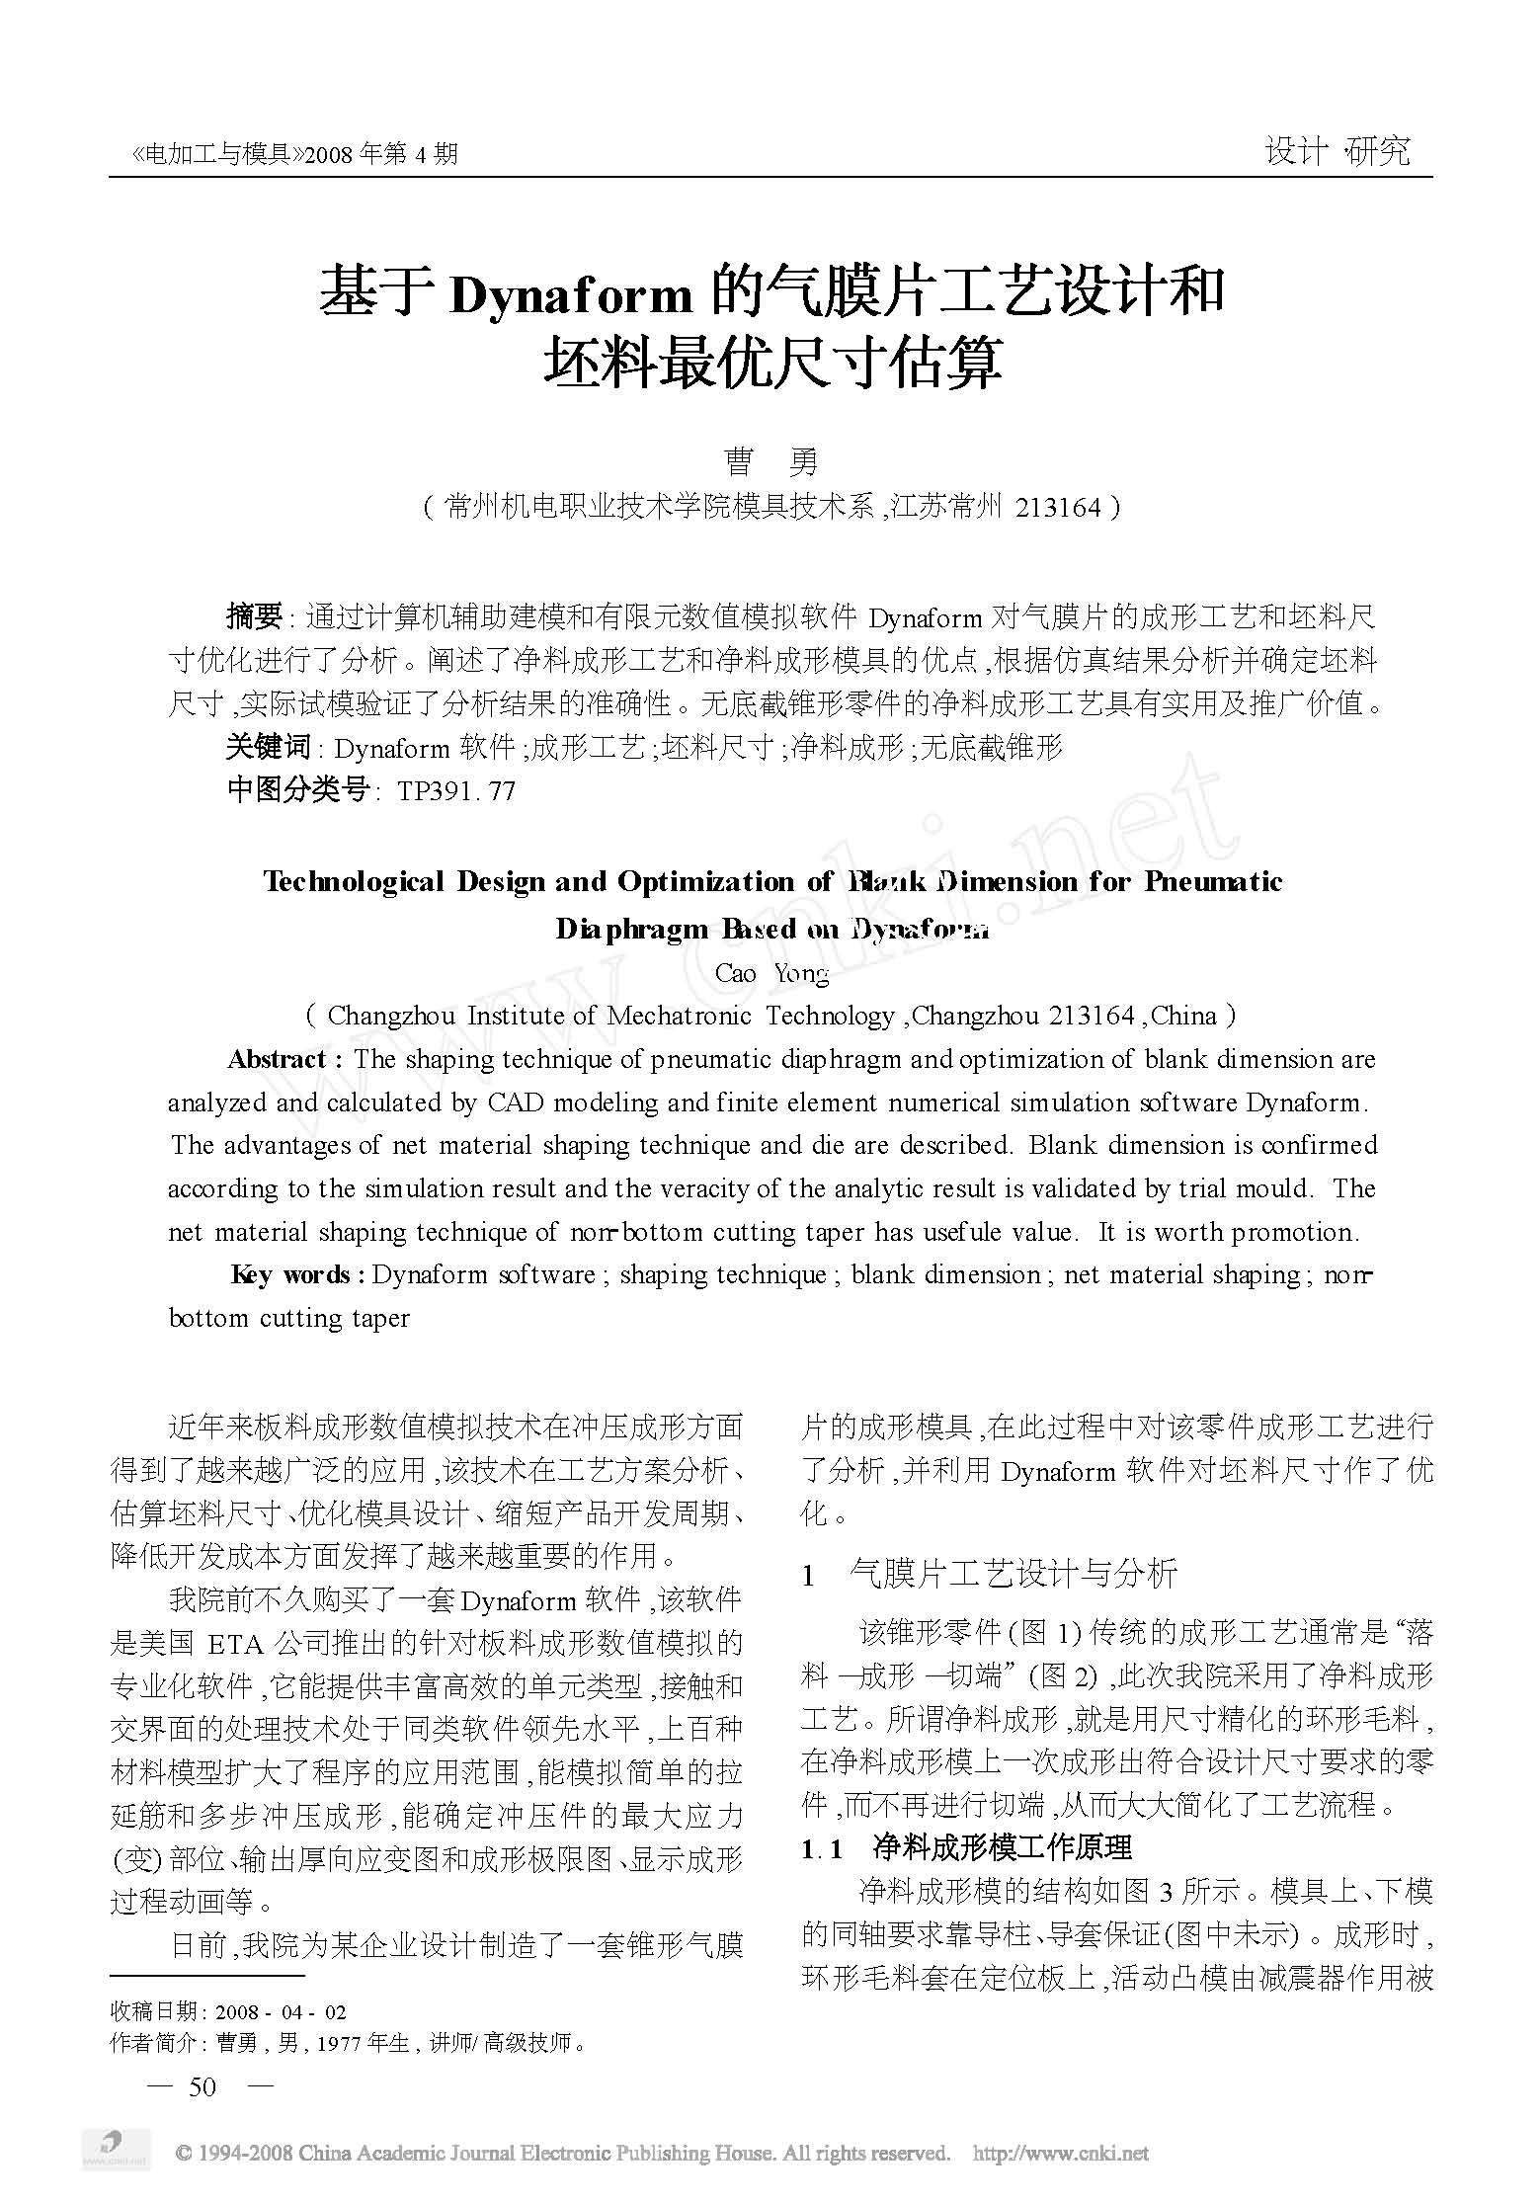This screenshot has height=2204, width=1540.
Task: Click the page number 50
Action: pyautogui.click(x=202, y=2085)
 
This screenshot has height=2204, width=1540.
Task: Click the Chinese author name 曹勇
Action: pyautogui.click(x=770, y=462)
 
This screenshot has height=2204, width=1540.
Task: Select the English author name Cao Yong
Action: pyautogui.click(x=771, y=973)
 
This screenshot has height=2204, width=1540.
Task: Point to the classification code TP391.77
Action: pyautogui.click(x=455, y=791)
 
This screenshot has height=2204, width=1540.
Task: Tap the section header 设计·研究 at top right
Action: pyautogui.click(x=1337, y=151)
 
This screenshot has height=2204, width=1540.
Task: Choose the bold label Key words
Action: pyautogui.click(x=290, y=1274)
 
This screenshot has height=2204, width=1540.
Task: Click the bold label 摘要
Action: pyautogui.click(x=255, y=617)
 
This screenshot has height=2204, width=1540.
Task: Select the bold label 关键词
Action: pyautogui.click(x=269, y=748)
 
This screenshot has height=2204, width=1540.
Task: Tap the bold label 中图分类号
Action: pyautogui.click(x=297, y=791)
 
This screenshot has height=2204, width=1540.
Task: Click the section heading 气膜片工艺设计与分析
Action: pyautogui.click(x=1013, y=1573)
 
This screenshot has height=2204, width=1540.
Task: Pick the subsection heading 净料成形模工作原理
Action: pyautogui.click(x=1002, y=1846)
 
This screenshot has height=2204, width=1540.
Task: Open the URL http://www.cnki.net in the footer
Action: pyautogui.click(x=1060, y=2154)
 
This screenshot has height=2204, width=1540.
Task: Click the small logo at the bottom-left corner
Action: pyautogui.click(x=115, y=2146)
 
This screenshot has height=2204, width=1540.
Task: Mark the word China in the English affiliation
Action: pyautogui.click(x=1183, y=1016)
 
